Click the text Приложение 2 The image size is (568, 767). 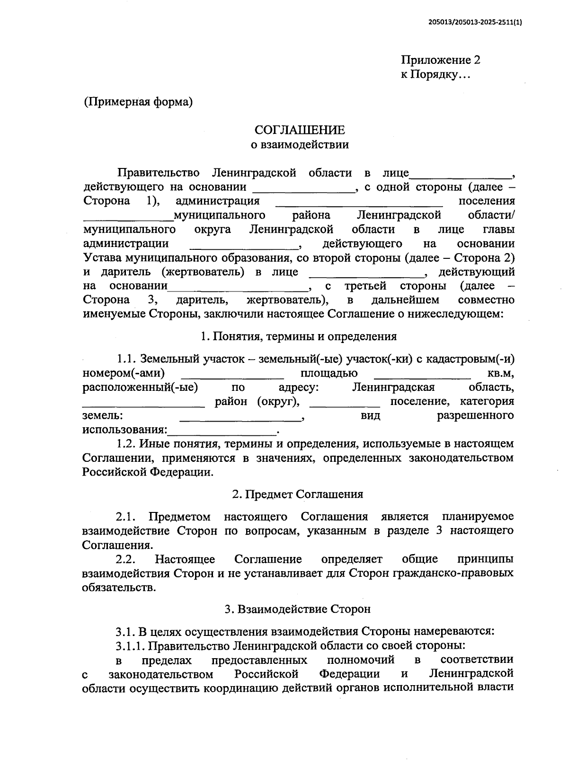(x=441, y=60)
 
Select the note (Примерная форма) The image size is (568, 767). (x=138, y=102)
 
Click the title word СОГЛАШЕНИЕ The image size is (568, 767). (x=300, y=130)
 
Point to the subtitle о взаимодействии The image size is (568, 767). (x=300, y=144)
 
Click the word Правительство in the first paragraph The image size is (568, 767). (x=159, y=173)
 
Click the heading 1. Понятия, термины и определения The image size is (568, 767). (x=299, y=336)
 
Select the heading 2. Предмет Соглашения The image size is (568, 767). (x=298, y=494)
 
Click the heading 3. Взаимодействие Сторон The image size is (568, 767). (x=298, y=609)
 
